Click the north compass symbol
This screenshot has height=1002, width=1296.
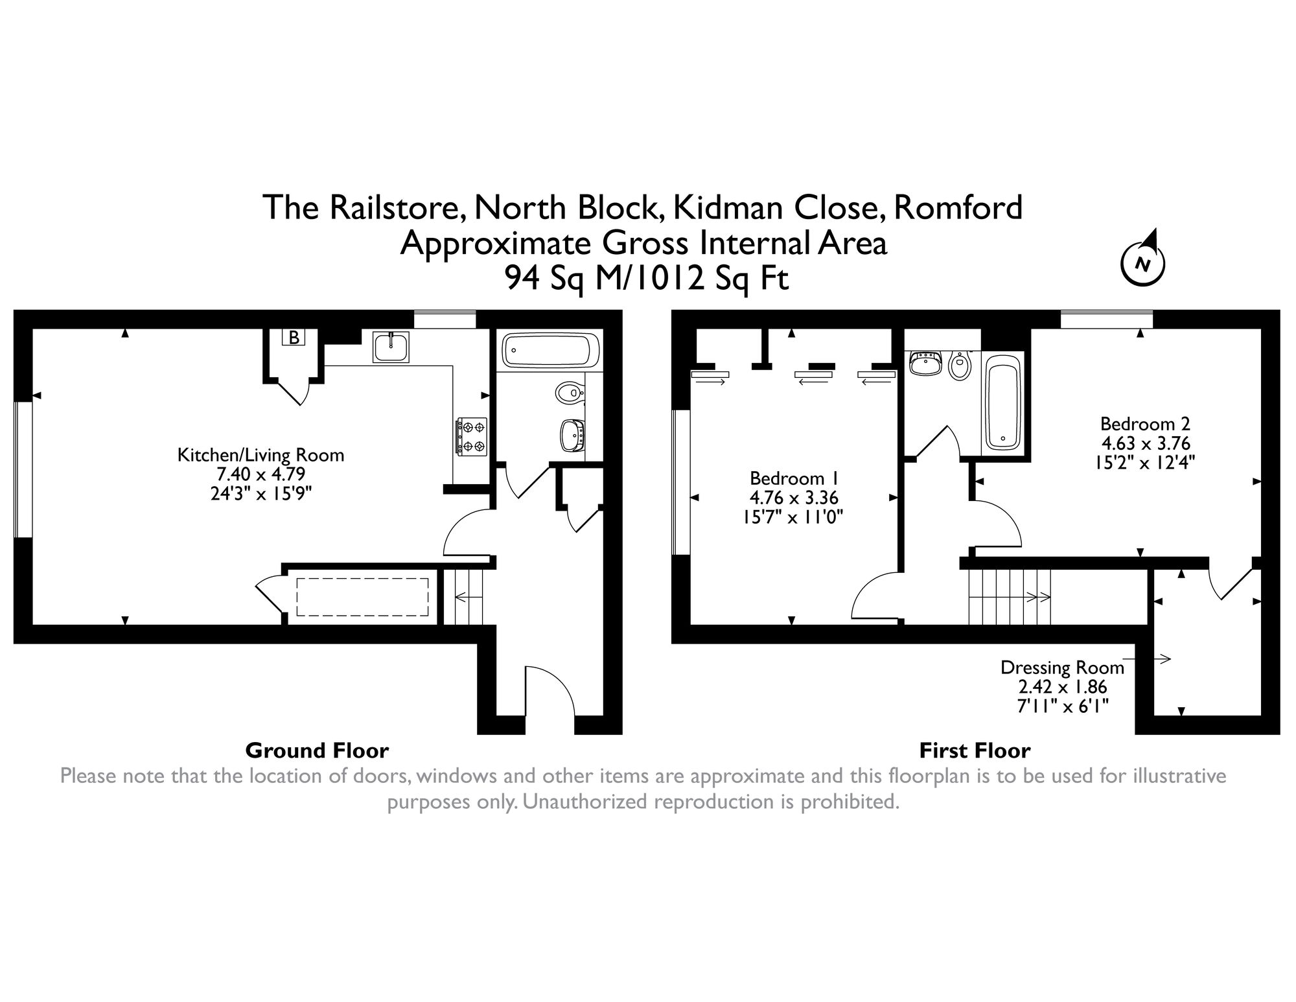[1143, 263]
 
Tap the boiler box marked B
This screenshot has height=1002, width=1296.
[294, 337]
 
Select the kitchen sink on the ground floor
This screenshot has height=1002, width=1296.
[391, 347]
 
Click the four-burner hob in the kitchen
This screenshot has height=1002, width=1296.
[472, 436]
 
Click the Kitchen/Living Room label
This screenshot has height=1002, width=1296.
[260, 455]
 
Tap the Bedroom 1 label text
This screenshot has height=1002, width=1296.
[794, 478]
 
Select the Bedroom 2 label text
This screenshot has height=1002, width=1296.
[1145, 424]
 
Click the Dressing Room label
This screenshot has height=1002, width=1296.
[1062, 668]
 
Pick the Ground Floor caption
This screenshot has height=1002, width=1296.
[317, 751]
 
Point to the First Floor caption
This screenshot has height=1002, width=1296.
[975, 751]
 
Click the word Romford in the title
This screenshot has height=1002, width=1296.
[958, 207]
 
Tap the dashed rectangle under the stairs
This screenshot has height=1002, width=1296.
[363, 597]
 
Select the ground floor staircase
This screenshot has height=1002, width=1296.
[469, 597]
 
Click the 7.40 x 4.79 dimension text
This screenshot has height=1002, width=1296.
[260, 474]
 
